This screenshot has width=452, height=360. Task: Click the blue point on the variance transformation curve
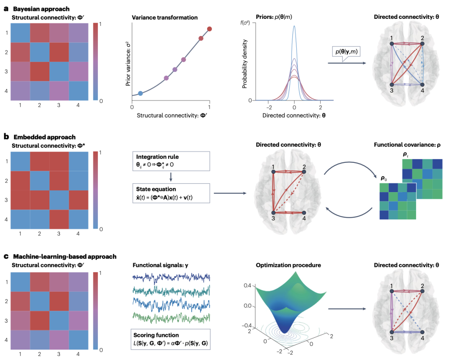point(140,93)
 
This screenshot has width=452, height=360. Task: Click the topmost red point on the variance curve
point(210,29)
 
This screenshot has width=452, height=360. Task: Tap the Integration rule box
point(171,161)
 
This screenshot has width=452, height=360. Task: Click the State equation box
point(171,193)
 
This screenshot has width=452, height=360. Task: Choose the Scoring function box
point(171,339)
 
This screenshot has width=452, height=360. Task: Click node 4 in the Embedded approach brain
point(304,213)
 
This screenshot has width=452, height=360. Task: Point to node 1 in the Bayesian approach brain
point(392,44)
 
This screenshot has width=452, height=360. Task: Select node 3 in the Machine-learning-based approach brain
point(392,332)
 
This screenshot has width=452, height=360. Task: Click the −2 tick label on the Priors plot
point(269,107)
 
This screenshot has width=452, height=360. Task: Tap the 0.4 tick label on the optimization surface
point(247,285)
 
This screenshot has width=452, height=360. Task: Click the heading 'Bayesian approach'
point(41,9)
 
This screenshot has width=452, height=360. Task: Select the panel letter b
point(6,136)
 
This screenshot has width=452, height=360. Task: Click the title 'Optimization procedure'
point(288,265)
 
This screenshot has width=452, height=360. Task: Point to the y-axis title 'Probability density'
point(245,64)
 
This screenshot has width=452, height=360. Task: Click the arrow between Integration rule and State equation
point(171,177)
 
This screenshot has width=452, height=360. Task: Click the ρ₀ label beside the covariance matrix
point(384,178)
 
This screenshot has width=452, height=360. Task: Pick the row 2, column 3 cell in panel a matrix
point(59,52)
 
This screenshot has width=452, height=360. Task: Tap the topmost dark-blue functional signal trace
point(171,278)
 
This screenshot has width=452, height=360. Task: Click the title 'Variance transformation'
point(164,18)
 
